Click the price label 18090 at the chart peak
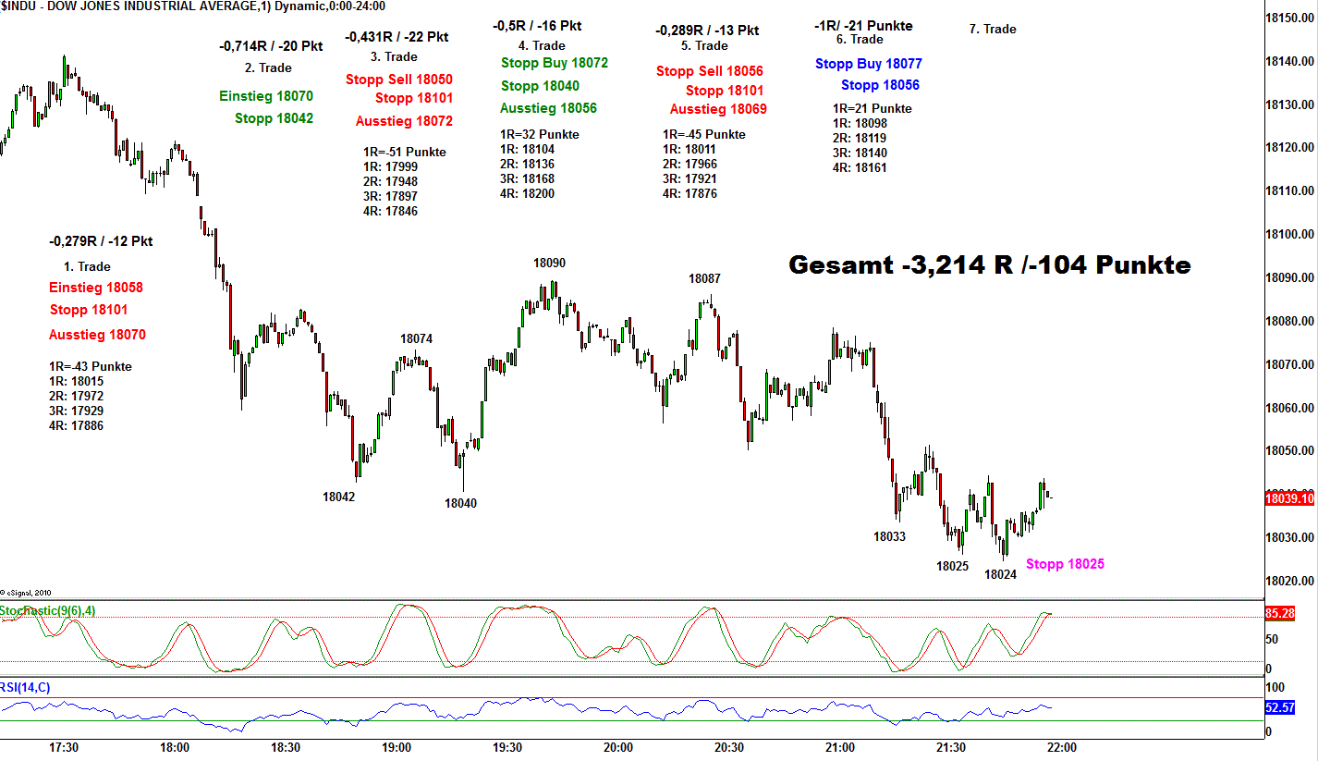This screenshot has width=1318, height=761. click(549, 264)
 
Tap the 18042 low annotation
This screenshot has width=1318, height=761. click(338, 497)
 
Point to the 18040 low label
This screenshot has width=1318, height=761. click(460, 504)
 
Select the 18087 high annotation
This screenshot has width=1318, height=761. click(704, 278)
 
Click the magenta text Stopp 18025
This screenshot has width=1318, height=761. click(1065, 564)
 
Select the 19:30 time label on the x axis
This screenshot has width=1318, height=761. click(507, 747)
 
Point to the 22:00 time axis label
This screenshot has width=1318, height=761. click(1061, 747)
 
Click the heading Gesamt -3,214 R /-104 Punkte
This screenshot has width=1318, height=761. click(989, 265)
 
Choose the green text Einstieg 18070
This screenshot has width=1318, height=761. click(266, 96)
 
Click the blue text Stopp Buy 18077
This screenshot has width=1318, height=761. click(869, 64)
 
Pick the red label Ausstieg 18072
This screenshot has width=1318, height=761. click(404, 121)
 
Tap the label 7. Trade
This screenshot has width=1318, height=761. click(993, 29)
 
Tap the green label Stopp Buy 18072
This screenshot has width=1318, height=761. click(555, 63)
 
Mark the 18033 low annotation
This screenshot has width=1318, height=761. click(889, 536)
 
